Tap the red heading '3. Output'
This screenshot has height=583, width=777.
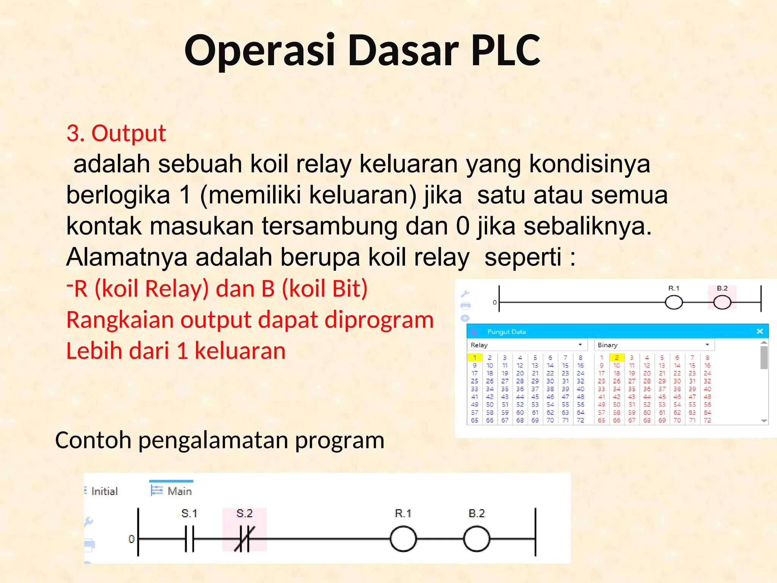pyautogui.click(x=116, y=133)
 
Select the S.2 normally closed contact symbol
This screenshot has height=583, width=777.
pyautogui.click(x=244, y=538)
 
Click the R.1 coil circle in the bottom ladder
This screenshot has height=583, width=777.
pyautogui.click(x=403, y=538)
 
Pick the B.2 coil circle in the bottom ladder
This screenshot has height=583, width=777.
pyautogui.click(x=477, y=538)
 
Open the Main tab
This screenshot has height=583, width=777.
pyautogui.click(x=172, y=491)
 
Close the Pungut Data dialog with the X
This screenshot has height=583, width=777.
pyautogui.click(x=760, y=331)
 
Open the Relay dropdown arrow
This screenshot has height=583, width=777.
pyautogui.click(x=580, y=345)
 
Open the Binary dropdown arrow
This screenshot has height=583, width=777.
pyautogui.click(x=707, y=345)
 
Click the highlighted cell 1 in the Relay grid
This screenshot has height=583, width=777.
pyautogui.click(x=475, y=358)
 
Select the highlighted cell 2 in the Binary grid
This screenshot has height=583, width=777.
pyautogui.click(x=617, y=358)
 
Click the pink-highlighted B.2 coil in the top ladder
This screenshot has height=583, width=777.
pyautogui.click(x=722, y=303)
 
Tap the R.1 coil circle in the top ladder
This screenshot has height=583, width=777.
pyautogui.click(x=674, y=303)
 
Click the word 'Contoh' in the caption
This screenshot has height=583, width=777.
pyautogui.click(x=93, y=440)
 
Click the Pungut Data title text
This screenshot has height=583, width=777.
pyautogui.click(x=506, y=332)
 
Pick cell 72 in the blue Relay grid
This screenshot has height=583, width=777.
pyautogui.click(x=580, y=420)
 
